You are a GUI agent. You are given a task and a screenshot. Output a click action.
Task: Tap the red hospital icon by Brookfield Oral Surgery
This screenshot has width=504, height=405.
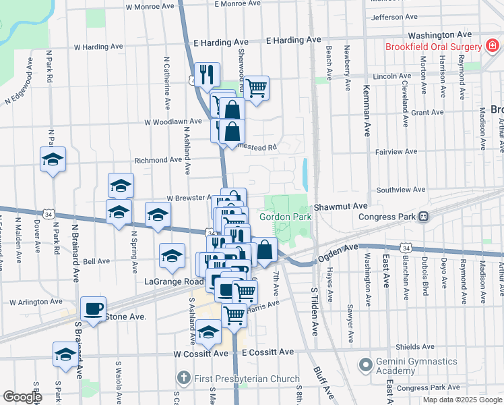click(493, 47)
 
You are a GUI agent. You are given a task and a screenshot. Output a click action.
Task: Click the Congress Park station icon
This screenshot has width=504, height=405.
click(424, 217)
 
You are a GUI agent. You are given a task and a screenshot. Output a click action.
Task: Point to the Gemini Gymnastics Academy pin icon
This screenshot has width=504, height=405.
click(366, 366)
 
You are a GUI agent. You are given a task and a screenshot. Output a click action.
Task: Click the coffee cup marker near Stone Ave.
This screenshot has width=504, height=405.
click(94, 308)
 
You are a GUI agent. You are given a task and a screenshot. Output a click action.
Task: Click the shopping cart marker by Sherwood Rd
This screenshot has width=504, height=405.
click(256, 87)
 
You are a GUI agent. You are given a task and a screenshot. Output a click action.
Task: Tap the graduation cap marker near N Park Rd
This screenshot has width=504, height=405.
click(53, 159)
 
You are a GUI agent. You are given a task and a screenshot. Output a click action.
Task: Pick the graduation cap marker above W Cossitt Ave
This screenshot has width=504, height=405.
click(209, 331)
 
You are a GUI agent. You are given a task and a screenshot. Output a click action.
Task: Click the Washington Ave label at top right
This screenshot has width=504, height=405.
click(439, 34)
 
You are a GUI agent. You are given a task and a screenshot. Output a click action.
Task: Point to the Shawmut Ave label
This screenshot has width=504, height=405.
click(340, 206)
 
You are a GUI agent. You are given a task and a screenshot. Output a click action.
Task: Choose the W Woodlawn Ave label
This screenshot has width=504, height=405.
click(173, 122)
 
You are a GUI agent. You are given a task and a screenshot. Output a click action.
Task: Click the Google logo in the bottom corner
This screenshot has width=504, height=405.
click(22, 396)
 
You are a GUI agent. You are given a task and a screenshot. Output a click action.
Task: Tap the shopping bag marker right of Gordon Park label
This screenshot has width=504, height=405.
click(265, 249)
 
